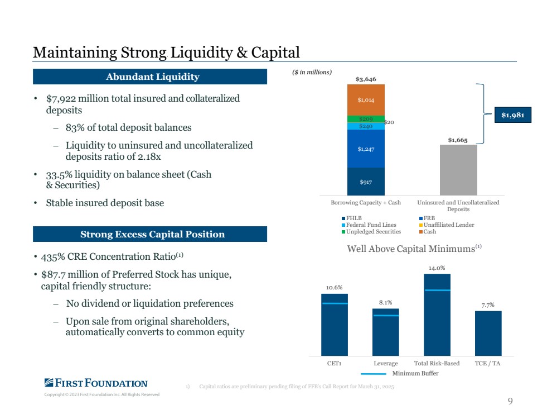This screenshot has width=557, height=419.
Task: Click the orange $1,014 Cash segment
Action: point(366,99)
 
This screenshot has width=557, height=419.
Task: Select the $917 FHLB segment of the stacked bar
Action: point(366,181)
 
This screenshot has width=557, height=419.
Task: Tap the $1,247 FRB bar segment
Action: point(366,149)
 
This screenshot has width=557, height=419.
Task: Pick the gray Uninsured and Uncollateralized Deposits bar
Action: point(458,170)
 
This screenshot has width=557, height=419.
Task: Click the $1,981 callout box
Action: point(512,115)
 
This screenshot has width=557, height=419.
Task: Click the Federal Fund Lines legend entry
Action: point(368,225)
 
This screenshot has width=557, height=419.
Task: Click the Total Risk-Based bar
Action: point(437,315)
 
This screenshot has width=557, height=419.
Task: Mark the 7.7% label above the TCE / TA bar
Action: point(487,304)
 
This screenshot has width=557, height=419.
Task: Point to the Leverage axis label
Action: point(385,363)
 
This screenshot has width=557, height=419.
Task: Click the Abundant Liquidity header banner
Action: point(150,77)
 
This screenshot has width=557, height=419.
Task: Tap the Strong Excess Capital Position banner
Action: point(150,234)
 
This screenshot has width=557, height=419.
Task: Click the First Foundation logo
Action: point(96,383)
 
